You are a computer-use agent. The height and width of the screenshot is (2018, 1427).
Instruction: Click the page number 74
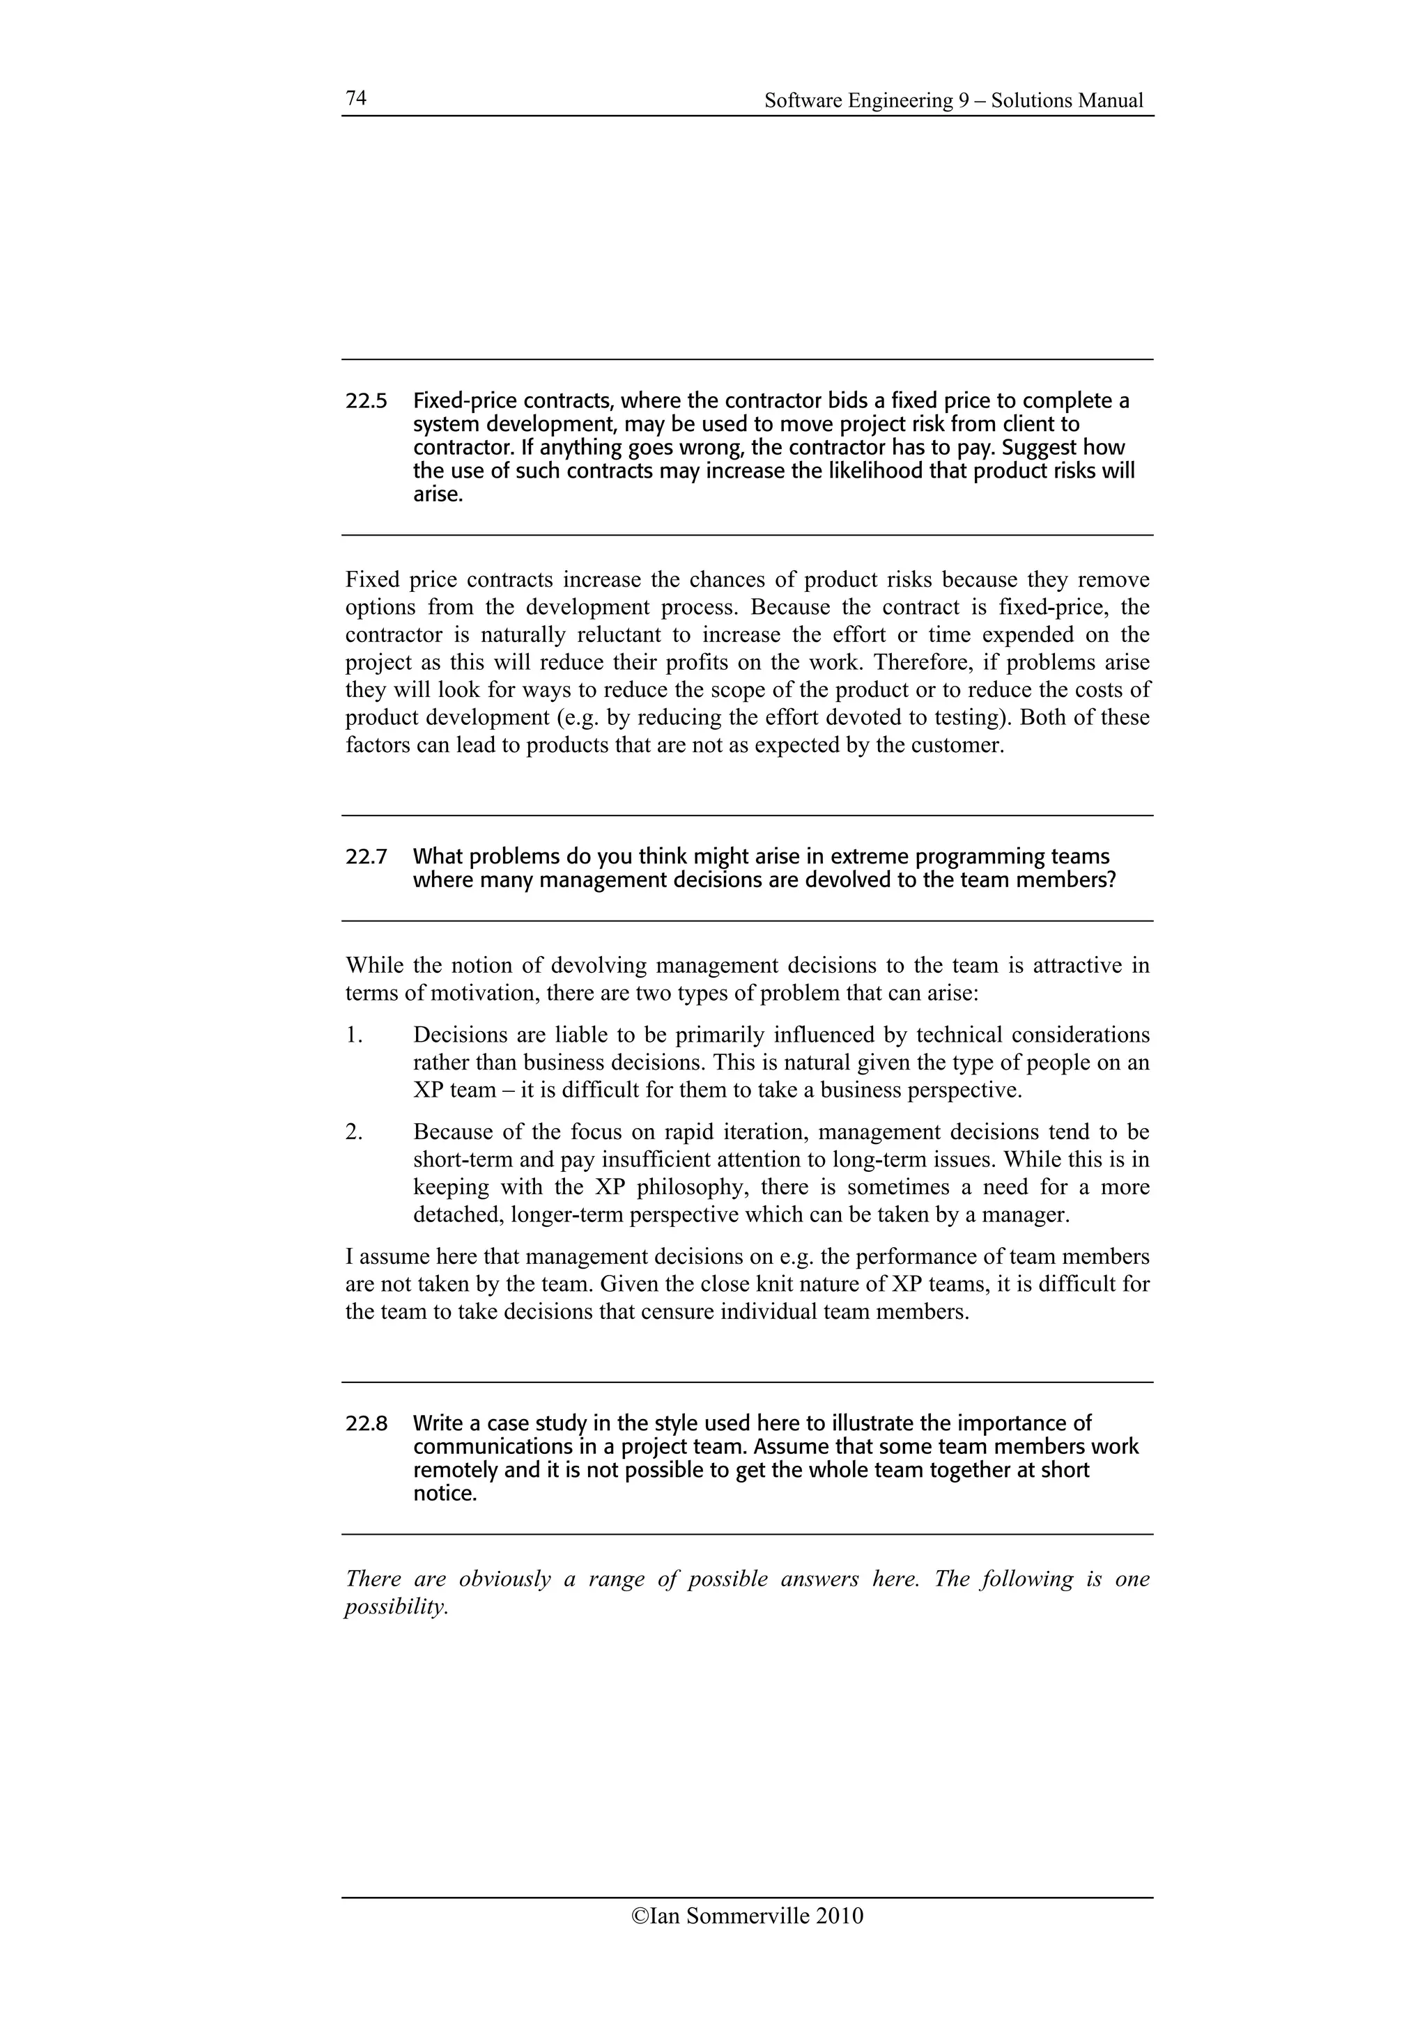(355, 97)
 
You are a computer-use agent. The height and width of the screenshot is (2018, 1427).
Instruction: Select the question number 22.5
(366, 402)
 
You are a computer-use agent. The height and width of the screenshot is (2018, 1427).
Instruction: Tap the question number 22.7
(366, 857)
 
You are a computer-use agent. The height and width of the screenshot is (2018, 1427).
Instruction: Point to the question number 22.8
(366, 1423)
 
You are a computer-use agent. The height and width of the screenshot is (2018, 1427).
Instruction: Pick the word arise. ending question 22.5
(437, 495)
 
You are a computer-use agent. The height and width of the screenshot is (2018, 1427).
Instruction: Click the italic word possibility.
(396, 1608)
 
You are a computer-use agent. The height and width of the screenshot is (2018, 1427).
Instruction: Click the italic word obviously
(504, 1579)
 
